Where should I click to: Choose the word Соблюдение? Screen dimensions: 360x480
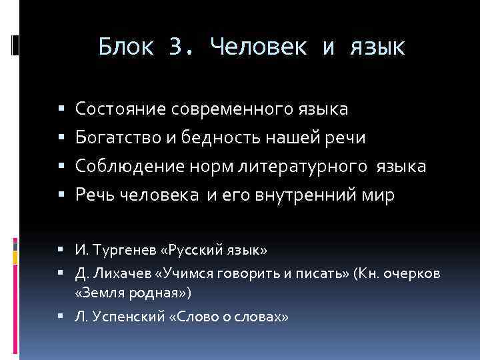[123, 167]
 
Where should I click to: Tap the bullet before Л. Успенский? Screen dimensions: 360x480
[61, 317]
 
